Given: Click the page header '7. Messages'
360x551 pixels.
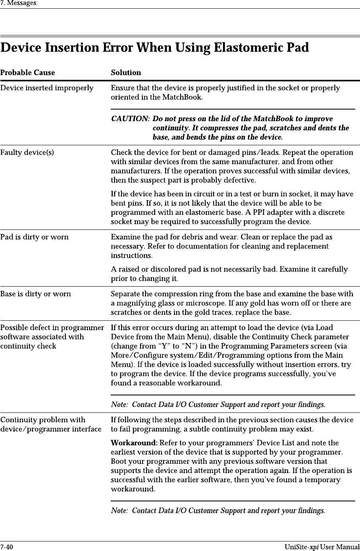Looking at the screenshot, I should coord(18,3).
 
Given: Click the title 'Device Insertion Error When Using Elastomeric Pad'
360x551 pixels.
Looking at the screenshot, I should coord(154,48).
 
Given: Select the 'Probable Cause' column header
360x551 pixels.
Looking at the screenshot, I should coord(27,73).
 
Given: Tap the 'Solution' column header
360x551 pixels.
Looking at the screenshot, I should coord(126,73).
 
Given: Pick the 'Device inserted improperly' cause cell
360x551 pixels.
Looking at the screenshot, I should coord(47,88).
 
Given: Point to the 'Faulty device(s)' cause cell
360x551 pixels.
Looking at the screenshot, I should coord(27,152).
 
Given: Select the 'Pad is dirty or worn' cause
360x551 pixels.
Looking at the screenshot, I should coord(34,237).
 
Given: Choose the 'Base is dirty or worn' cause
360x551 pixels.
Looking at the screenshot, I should coord(36,294).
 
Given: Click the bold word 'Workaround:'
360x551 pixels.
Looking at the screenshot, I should coord(134,443).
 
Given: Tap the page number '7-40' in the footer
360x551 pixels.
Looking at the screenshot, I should coord(7,547).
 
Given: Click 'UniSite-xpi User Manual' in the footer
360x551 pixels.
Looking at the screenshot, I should coord(321,547).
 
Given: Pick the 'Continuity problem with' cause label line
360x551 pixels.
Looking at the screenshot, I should coord(43,420).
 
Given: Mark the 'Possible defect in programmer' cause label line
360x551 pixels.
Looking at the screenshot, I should coord(52,328).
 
